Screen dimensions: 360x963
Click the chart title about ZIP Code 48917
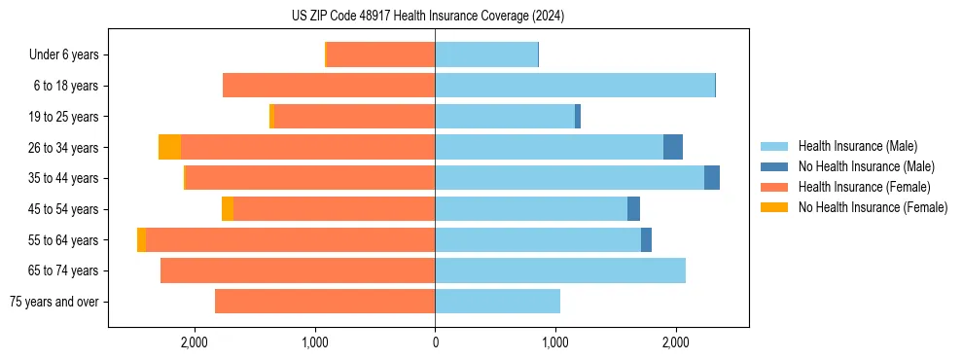[x=428, y=17]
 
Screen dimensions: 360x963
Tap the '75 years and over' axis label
[x=54, y=302]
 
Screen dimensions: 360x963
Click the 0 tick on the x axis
[x=435, y=342]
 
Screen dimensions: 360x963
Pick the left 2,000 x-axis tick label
[x=194, y=342]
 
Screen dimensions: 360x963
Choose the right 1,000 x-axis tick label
[x=555, y=342]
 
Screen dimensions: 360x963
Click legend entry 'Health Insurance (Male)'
[x=857, y=146]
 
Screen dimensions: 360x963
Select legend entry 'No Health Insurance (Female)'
[x=873, y=207]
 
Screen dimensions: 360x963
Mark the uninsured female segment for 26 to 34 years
[x=169, y=147]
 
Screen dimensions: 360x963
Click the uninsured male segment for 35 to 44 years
[x=712, y=178]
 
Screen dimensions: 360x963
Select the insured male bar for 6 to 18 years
[x=575, y=86]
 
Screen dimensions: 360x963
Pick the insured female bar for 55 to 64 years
[x=290, y=239]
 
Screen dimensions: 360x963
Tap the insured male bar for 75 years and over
[x=497, y=302]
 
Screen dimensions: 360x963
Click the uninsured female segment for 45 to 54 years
[x=228, y=209]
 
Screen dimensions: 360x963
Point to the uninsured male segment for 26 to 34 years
[x=673, y=147]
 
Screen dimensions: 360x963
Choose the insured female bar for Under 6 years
[x=380, y=54]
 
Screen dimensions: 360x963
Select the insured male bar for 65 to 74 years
[x=560, y=270]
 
